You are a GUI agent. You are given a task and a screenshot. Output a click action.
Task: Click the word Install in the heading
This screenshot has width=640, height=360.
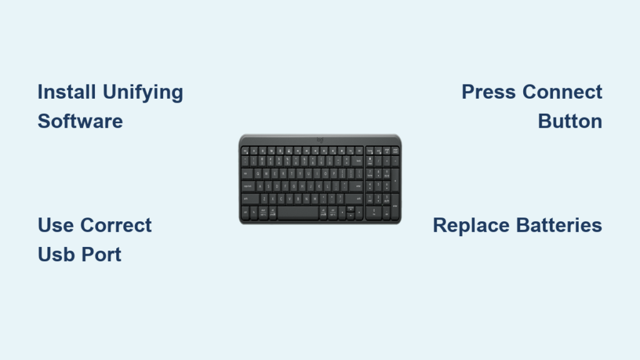67,92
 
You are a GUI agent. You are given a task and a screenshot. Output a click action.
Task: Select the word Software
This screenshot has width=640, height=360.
80,121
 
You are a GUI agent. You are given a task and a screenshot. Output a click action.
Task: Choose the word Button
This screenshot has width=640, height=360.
570,121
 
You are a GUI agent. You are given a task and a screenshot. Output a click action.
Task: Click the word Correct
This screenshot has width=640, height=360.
116,225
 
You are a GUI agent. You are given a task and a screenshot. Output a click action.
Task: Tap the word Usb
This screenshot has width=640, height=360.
56,255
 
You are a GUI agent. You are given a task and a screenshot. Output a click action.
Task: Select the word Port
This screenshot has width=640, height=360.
101,255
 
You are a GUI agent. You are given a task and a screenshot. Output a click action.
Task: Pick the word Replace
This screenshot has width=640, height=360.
471,225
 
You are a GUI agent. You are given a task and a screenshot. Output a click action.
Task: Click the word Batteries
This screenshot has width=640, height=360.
559,225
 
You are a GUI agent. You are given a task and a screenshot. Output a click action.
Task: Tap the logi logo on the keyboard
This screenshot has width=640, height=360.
320,140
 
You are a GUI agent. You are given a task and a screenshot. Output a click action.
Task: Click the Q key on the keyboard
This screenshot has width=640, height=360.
257,174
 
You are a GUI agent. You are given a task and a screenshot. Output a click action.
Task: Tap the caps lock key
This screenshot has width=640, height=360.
248,186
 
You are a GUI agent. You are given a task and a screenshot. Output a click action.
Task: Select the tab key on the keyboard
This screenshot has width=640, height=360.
247,174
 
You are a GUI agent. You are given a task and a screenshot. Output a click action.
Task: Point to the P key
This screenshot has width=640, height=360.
334,174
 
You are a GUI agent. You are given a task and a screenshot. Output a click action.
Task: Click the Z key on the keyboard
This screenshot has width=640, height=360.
264,199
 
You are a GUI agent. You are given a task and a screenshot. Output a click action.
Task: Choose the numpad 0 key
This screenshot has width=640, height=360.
374,212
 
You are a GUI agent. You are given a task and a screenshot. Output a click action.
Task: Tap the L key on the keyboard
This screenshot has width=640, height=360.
327,186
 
